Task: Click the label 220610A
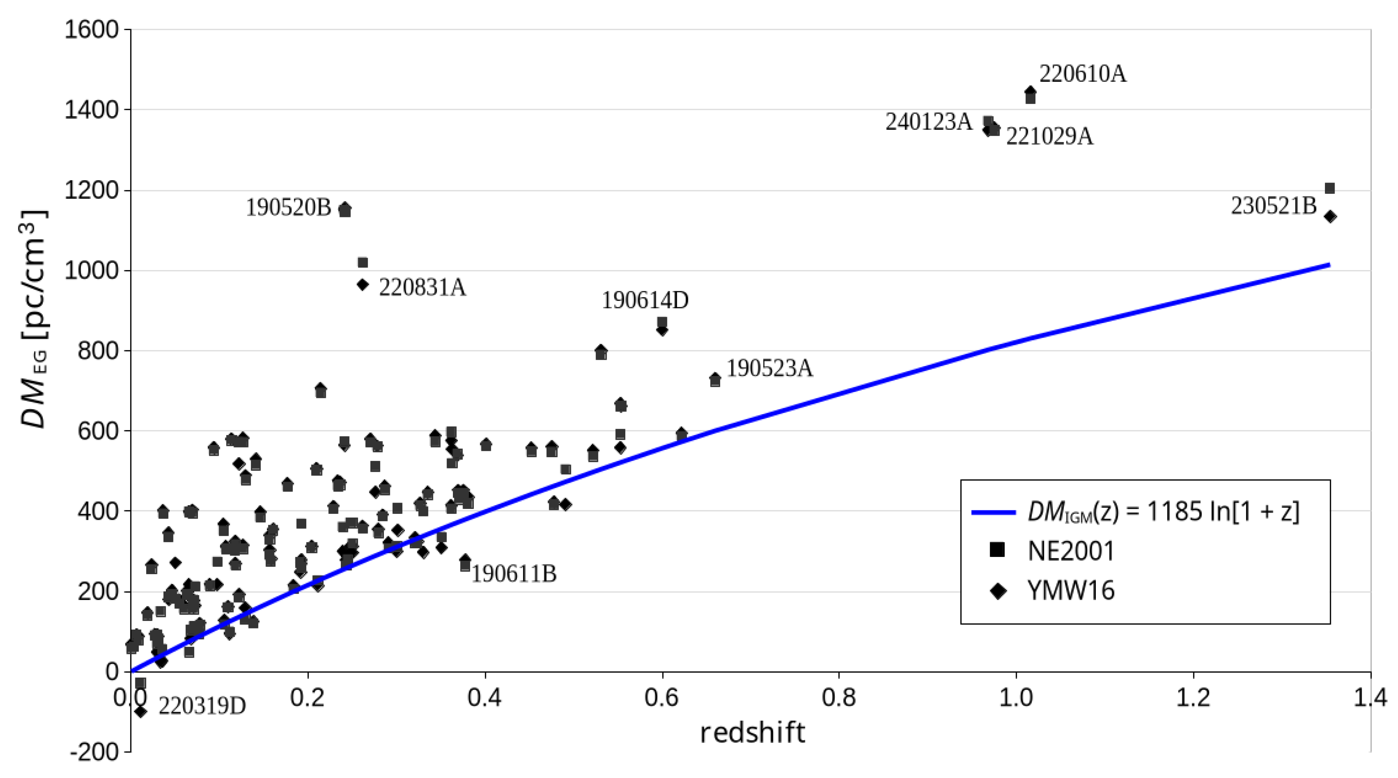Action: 1082,74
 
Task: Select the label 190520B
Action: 288,207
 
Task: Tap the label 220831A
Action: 422,287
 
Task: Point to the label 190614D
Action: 645,300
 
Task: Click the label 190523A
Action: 770,368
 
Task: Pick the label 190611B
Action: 513,573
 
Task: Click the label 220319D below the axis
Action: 202,706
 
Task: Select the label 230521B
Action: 1273,206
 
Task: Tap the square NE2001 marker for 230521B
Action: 1330,188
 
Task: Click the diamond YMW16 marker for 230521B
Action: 1330,217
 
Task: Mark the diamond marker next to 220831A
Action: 363,284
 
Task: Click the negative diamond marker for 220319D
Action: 141,711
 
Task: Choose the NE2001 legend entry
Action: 1070,551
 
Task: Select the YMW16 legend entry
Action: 1071,590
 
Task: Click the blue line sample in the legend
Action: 993,512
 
